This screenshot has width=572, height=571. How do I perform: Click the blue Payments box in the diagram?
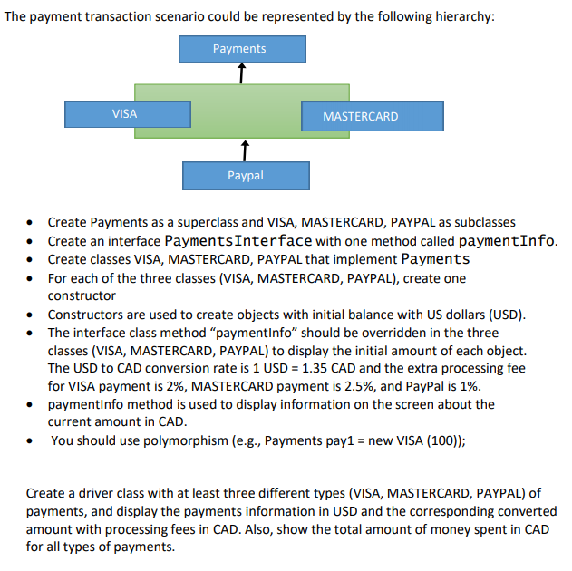coord(241,48)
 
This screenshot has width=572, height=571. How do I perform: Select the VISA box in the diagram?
coord(125,114)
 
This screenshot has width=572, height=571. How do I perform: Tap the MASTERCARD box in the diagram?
coord(361,116)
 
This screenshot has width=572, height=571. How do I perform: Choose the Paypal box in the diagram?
coord(246,175)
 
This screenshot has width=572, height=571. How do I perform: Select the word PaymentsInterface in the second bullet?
coord(239,241)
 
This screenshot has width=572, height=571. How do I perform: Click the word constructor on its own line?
coord(82,295)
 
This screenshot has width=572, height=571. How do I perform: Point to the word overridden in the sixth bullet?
coord(351,333)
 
